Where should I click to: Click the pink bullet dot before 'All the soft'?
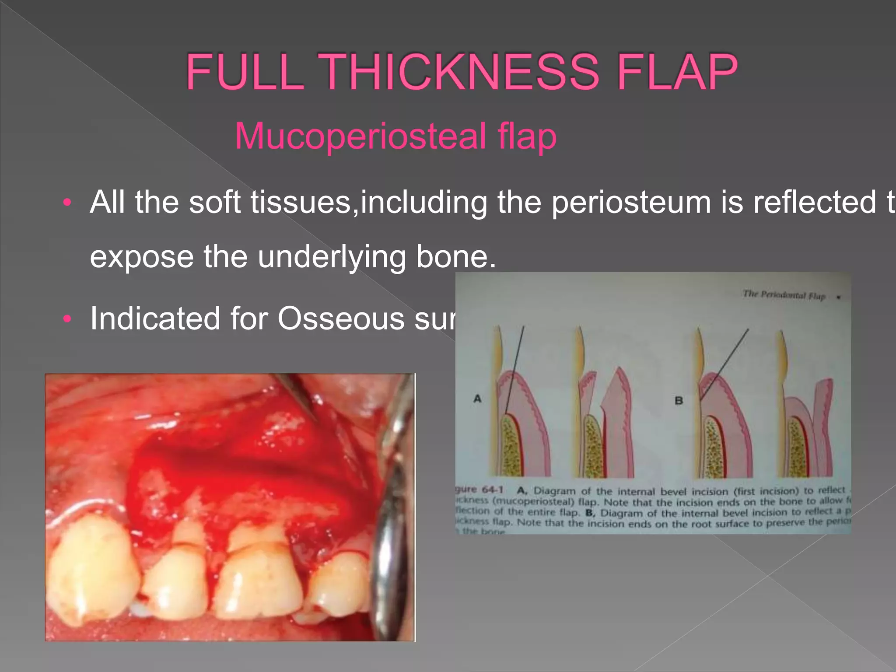[66, 203]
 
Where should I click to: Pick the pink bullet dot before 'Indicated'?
[66, 319]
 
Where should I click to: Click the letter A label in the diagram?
[478, 399]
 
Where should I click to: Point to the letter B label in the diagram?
[679, 400]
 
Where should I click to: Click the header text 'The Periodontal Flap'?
[784, 295]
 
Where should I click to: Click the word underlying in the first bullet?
[332, 257]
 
